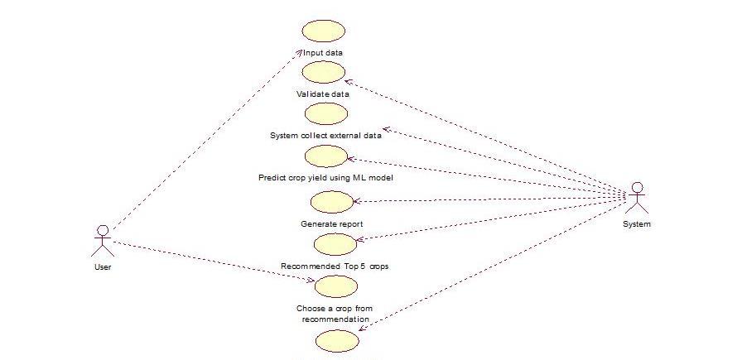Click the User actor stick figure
(102, 239)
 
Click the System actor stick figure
(636, 198)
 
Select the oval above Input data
(323, 31)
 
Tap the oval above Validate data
(323, 73)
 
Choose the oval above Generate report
(331, 201)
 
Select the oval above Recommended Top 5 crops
(335, 243)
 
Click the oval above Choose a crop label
(336, 286)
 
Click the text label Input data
(323, 53)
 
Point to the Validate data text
(323, 94)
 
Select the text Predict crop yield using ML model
(325, 177)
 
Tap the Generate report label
(331, 223)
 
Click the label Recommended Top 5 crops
(335, 266)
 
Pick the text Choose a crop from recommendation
(335, 314)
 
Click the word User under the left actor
(103, 266)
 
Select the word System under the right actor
(636, 223)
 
